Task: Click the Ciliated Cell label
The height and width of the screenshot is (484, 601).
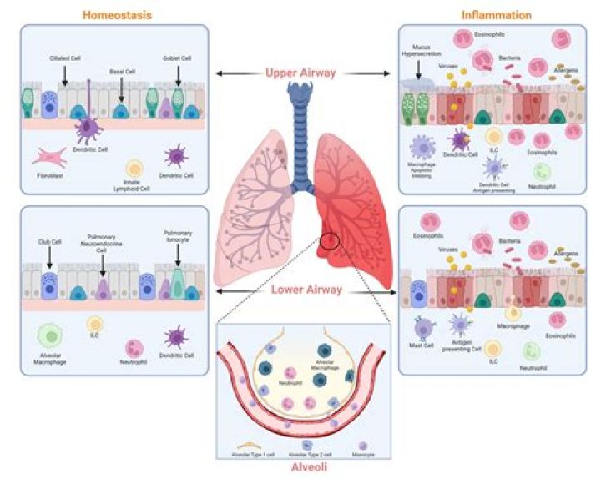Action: point(64,58)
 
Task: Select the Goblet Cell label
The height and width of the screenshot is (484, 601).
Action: point(178,58)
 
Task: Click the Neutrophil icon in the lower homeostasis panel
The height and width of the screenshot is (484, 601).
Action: point(133,348)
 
